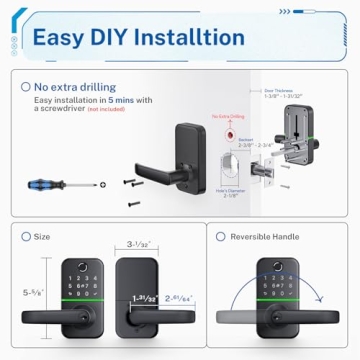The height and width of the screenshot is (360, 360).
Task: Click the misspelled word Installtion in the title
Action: pos(196,38)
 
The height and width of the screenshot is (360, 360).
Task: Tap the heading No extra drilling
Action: pos(76,87)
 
